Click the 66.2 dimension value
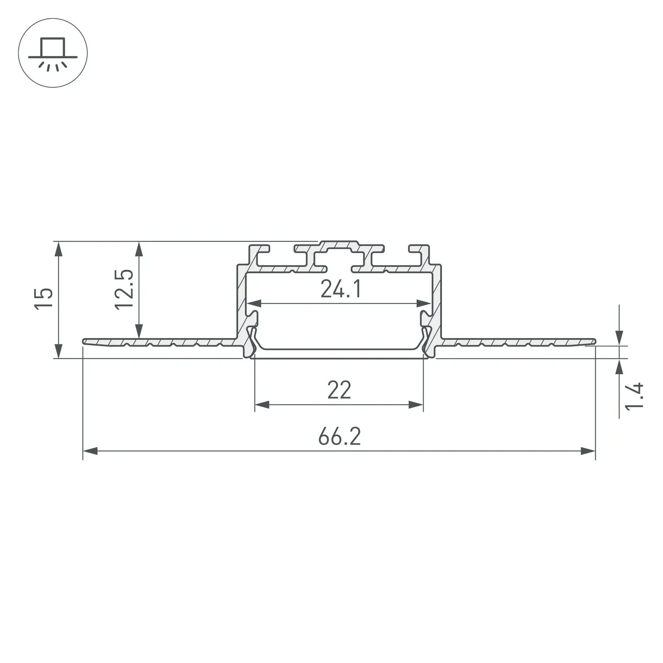(x=340, y=436)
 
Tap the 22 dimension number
(x=339, y=390)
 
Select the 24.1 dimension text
(x=341, y=289)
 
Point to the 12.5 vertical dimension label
(x=124, y=289)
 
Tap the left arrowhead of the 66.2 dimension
(x=90, y=451)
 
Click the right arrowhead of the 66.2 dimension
(x=588, y=451)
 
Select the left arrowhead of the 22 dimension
(x=262, y=405)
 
